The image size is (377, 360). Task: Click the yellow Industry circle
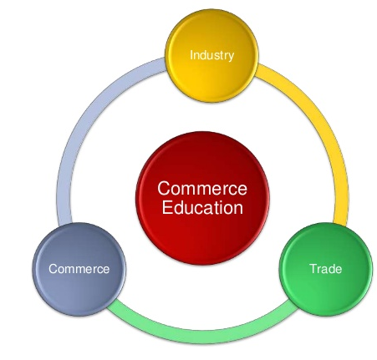pos(211,56)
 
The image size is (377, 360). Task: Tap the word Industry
pos(211,55)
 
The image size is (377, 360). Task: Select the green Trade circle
pos(326,269)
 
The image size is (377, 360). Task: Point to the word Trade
pos(326,269)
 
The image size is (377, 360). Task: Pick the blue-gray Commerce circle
pos(79,269)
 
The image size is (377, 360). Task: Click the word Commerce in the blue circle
pos(79,269)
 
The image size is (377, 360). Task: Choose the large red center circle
pos(202,198)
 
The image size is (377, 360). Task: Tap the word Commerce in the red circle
pos(202,189)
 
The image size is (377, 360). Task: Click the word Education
pos(202,207)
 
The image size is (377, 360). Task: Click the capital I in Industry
pos(191,55)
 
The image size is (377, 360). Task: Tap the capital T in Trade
pos(313,269)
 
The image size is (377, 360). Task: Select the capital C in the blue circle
pos(53,269)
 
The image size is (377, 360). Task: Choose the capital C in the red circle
pos(164,189)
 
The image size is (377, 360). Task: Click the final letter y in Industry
pos(231,57)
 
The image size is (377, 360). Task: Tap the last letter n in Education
pos(238,210)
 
